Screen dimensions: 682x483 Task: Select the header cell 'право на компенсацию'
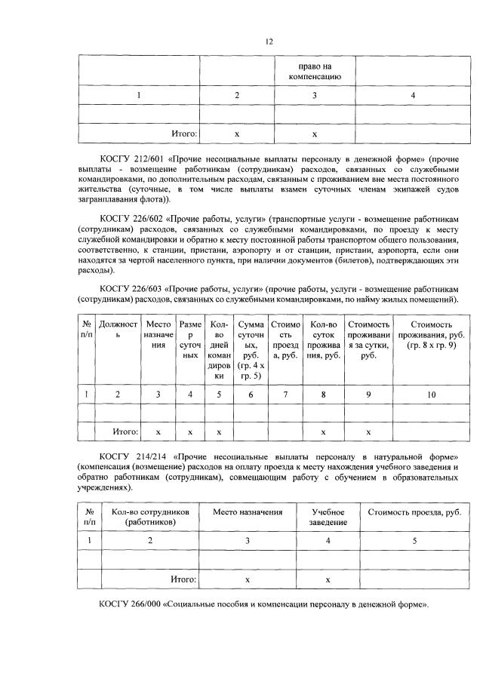(315, 70)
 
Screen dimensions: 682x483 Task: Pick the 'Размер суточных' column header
(190, 339)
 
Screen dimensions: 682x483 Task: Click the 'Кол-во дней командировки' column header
(220, 349)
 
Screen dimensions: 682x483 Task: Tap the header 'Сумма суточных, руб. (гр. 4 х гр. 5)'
(251, 349)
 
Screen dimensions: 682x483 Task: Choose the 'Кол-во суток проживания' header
(323, 339)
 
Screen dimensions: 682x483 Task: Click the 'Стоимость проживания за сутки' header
(368, 339)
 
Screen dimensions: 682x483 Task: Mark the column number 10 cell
(431, 393)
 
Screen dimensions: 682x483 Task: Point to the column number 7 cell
(285, 393)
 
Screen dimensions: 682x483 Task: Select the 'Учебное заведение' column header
(328, 517)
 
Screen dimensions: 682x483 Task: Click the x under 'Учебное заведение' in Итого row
(328, 579)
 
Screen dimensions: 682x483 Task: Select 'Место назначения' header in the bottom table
(248, 512)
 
